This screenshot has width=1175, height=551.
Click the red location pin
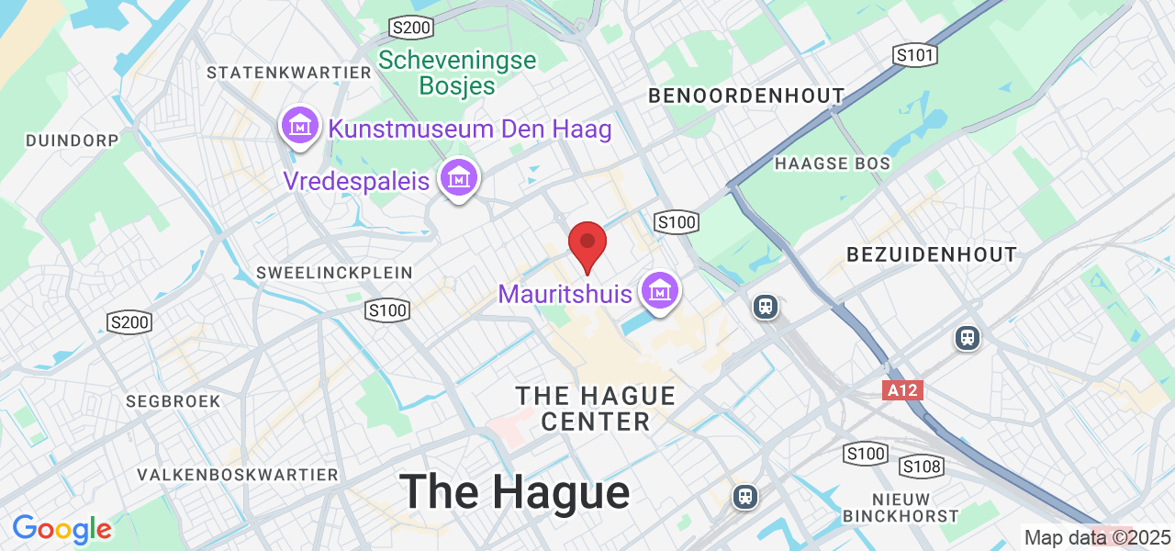[587, 245]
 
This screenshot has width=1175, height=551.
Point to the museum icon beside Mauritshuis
[659, 291]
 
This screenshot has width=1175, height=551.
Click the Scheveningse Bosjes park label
[457, 73]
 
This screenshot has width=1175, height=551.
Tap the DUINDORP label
[73, 141]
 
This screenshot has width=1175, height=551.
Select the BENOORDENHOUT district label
[746, 96]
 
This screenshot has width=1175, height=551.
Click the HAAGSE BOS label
[833, 163]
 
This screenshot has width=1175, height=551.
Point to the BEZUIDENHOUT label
[931, 254]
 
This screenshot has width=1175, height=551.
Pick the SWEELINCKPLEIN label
[335, 273]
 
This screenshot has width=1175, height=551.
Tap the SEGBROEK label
[174, 401]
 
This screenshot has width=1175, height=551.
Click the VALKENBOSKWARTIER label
[238, 475]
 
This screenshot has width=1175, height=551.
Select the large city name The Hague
[514, 492]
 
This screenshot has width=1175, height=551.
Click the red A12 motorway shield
[902, 391]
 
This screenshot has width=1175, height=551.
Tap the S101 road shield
[915, 56]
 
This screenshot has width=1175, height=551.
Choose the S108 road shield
[922, 467]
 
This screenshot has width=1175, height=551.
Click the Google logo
[62, 529]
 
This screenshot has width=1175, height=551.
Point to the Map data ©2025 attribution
[1098, 537]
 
